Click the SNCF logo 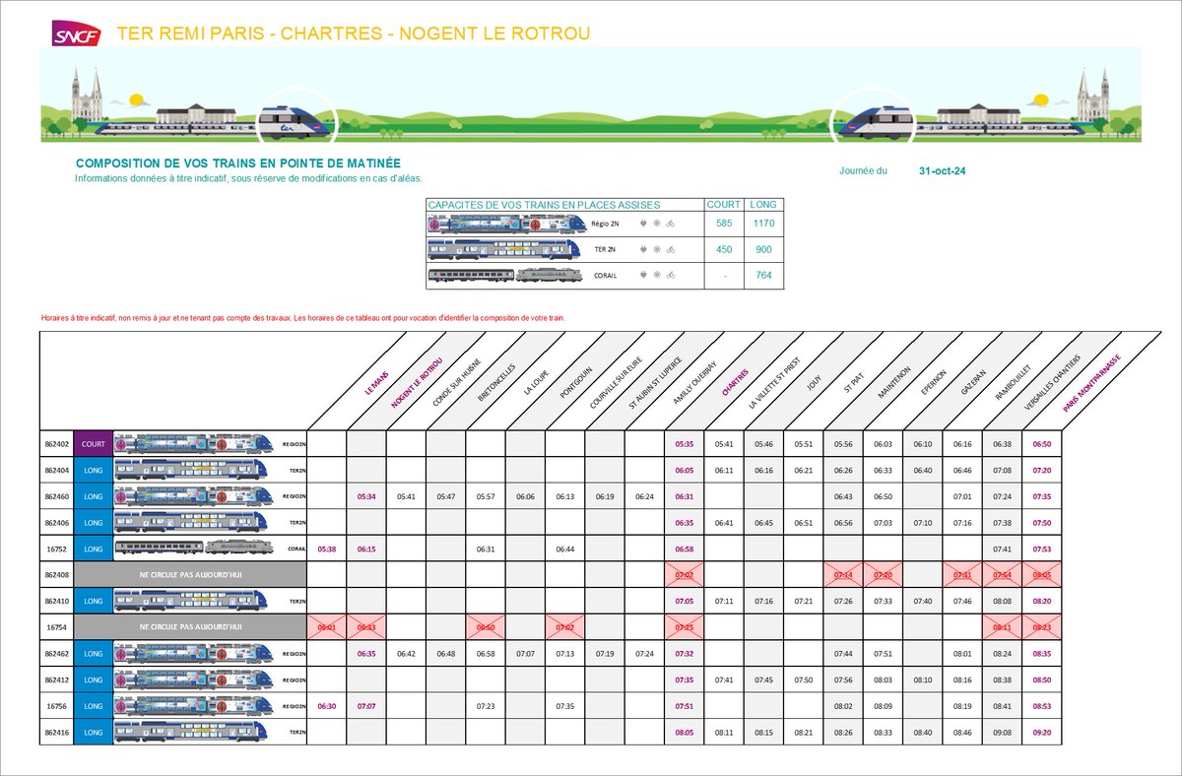(x=77, y=33)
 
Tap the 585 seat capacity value (x=724, y=224)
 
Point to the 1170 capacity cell (x=763, y=224)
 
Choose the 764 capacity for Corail (x=763, y=276)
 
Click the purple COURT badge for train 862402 (x=94, y=444)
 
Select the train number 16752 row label (x=56, y=548)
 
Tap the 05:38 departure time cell (x=327, y=548)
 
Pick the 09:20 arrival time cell (x=1041, y=732)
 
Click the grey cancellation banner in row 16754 (x=191, y=625)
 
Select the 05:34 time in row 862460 (x=366, y=496)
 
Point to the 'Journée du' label (x=863, y=170)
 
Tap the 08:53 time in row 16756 (x=1041, y=705)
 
